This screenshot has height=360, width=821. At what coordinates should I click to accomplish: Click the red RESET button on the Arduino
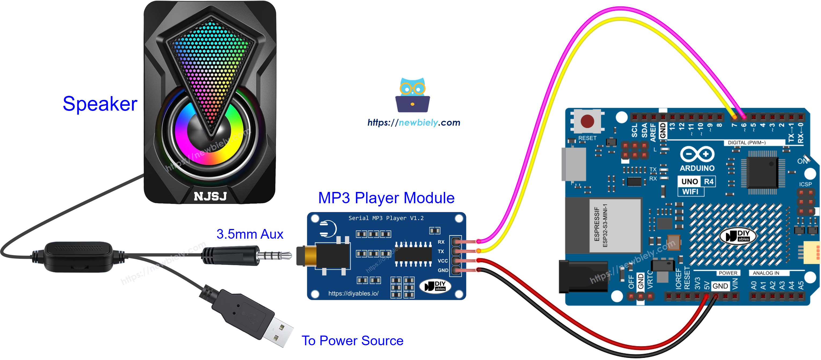(x=587, y=121)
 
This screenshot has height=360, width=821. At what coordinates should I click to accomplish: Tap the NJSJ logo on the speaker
(x=210, y=196)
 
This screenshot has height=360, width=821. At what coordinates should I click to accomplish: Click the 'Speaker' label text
(x=100, y=104)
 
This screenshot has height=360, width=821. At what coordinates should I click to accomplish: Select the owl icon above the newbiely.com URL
(x=412, y=95)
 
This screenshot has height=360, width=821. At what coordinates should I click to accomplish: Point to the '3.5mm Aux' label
(x=250, y=234)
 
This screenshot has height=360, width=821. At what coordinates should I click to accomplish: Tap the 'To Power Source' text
(x=352, y=341)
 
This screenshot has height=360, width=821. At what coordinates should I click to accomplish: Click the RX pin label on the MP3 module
(x=441, y=242)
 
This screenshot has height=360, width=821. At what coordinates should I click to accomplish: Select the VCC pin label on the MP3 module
(x=442, y=261)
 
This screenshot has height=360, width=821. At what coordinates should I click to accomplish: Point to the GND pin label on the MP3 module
(x=443, y=270)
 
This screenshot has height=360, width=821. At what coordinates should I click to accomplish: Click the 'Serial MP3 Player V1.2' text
(x=386, y=218)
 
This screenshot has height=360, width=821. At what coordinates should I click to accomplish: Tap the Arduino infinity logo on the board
(x=697, y=155)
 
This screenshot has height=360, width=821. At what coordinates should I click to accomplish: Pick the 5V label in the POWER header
(x=707, y=285)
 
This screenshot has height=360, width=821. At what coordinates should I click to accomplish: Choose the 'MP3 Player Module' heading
(x=386, y=198)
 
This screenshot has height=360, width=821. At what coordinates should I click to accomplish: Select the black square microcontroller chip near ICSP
(x=762, y=172)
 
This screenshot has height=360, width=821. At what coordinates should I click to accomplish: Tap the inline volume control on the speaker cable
(x=78, y=257)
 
